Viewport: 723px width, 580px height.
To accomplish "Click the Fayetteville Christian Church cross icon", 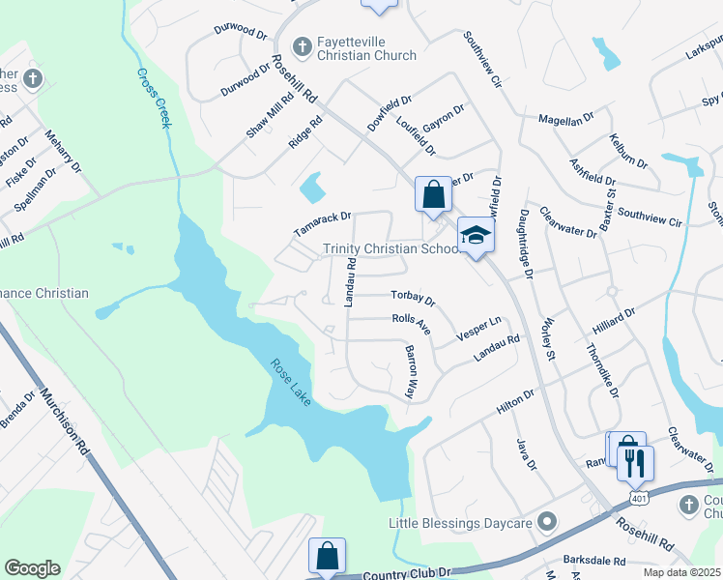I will coord(302,45).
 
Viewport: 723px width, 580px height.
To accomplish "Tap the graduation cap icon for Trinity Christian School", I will coord(476,235).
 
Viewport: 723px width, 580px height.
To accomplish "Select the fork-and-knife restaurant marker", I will coord(635,462).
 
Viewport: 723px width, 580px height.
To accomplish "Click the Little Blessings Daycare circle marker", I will coord(547,523).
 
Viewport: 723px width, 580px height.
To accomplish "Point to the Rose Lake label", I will coord(290,382).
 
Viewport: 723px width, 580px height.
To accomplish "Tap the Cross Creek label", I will coord(154,98).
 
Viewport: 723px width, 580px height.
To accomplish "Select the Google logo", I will coord(32,568).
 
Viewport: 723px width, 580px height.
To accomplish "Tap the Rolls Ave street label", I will coord(411,324).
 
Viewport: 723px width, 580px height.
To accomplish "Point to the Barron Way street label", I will coord(410,372).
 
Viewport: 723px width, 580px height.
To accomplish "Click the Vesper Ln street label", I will coord(479,328).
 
